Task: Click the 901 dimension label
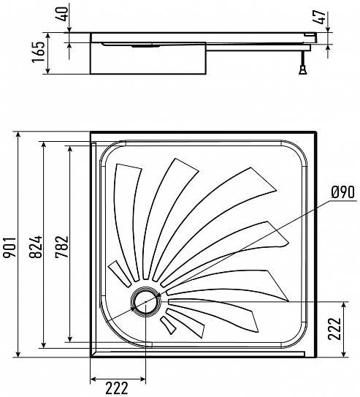[11, 247]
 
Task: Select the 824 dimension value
[36, 247]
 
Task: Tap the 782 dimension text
[62, 247]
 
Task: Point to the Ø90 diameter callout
[342, 192]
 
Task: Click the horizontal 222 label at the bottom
[117, 388]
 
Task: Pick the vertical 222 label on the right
[334, 328]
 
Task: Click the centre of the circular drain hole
[145, 301]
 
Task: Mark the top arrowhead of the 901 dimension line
[18, 135]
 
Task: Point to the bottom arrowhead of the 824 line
[44, 344]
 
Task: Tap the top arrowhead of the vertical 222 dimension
[344, 305]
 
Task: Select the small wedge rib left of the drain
[120, 273]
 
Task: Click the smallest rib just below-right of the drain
[168, 325]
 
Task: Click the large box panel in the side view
[148, 58]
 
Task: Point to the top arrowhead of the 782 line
[70, 149]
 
